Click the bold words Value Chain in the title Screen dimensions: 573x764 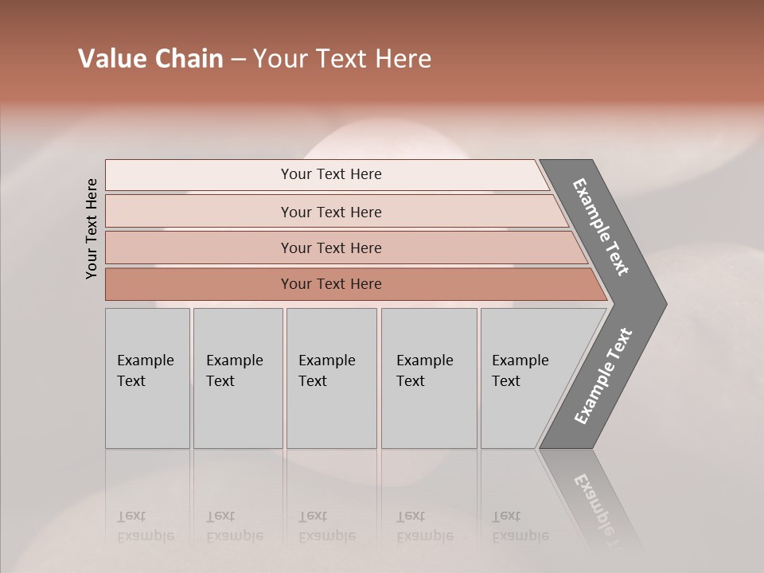150,59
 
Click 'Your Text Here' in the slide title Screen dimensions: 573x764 342,59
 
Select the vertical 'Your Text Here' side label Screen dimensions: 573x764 92,228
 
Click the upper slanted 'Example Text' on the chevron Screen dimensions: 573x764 601,227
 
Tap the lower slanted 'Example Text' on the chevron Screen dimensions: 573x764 602,376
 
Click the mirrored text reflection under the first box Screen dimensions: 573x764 145,526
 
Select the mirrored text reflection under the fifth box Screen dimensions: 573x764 520,526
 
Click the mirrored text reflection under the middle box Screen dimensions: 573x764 326,526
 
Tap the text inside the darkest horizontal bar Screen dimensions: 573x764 331,284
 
